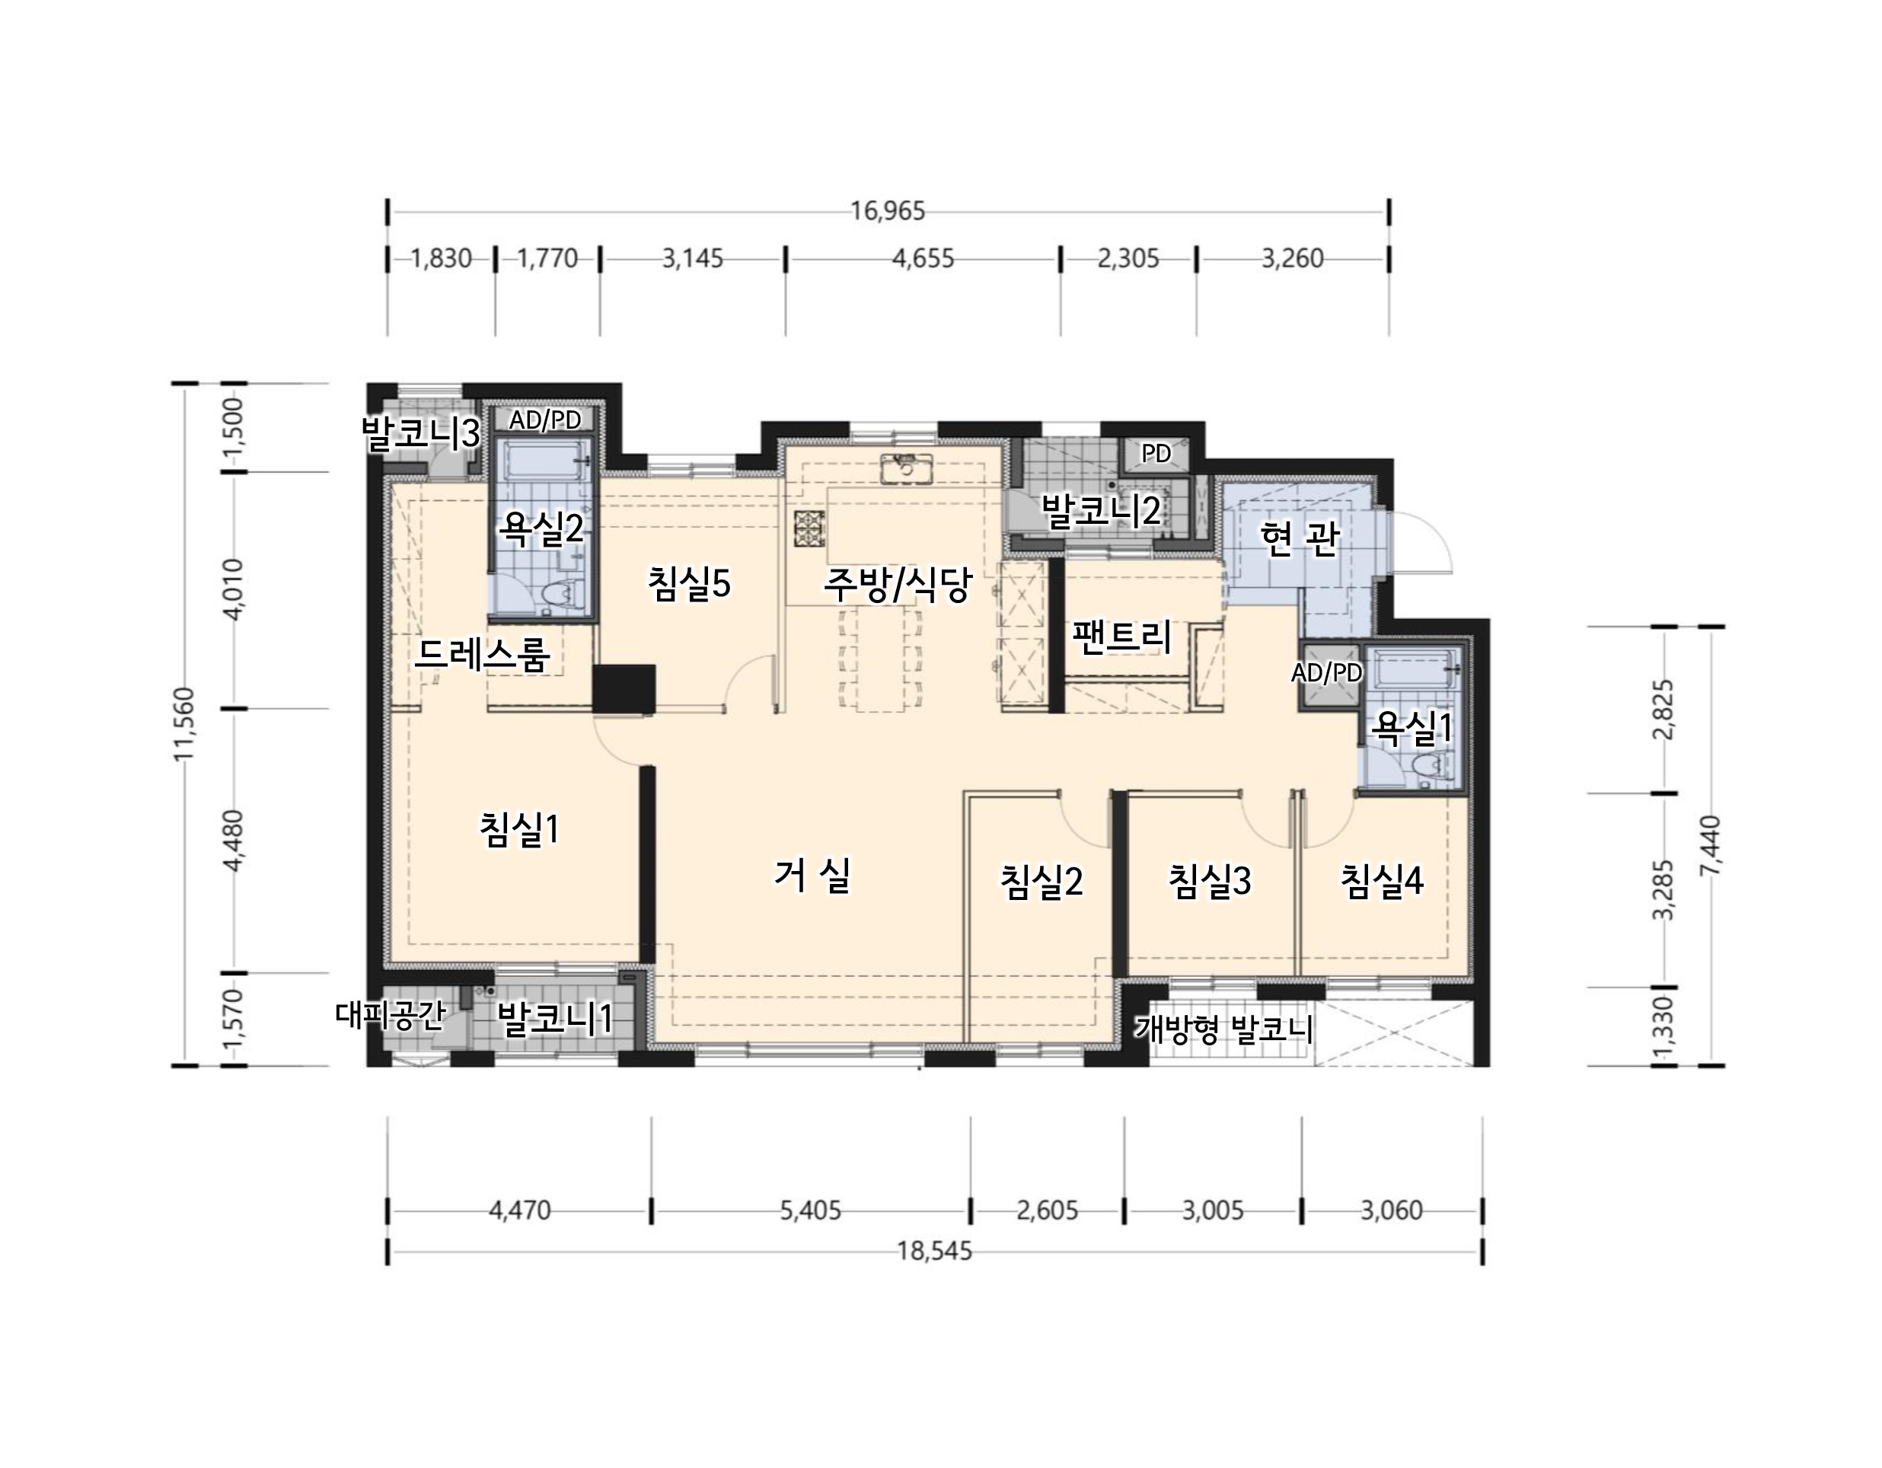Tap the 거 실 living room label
click(812, 876)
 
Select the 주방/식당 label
click(897, 585)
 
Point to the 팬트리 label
click(1122, 637)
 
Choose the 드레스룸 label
click(482, 655)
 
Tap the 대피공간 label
click(391, 1016)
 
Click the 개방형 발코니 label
click(1224, 1029)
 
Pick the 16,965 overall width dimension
click(888, 210)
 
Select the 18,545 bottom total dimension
click(935, 1251)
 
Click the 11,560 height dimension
click(185, 724)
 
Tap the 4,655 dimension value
click(923, 259)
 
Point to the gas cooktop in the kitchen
click(809, 528)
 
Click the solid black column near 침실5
click(624, 689)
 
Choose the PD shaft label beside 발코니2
click(1156, 453)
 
